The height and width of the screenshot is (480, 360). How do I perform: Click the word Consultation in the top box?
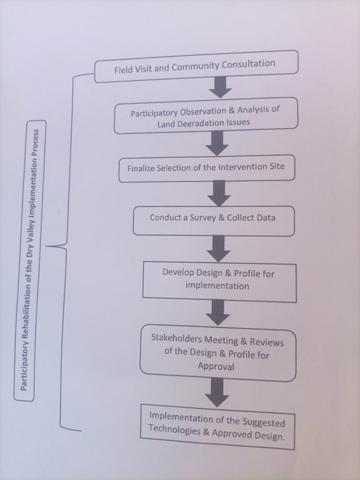(248, 64)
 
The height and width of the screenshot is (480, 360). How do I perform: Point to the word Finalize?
(141, 168)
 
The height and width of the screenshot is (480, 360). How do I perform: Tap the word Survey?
(203, 217)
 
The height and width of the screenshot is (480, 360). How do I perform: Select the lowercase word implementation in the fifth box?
(217, 286)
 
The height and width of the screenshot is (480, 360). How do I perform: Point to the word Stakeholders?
(177, 339)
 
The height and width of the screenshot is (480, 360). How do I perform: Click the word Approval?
(216, 366)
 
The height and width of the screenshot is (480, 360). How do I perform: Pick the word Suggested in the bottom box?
(264, 422)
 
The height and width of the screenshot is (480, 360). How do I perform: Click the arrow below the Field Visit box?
(220, 87)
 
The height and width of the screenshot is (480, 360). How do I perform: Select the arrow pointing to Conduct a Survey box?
(219, 193)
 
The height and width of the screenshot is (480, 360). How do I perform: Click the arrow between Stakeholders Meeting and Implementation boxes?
(217, 392)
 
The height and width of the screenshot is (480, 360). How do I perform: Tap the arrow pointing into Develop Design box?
(218, 249)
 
